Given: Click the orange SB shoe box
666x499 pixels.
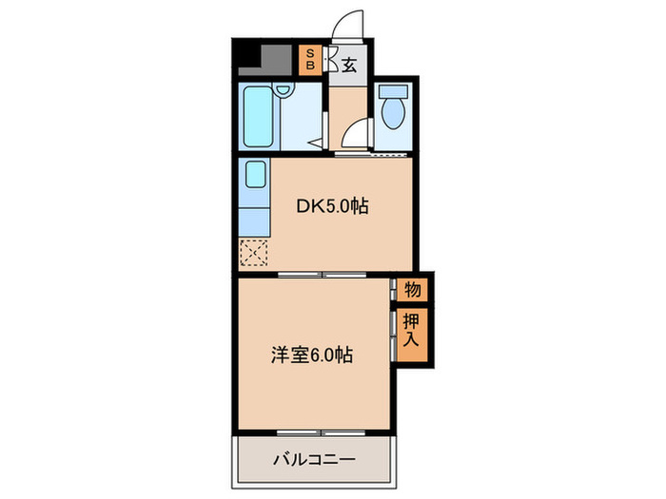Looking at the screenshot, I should [310, 61].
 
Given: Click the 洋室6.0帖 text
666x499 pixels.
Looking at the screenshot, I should [314, 355].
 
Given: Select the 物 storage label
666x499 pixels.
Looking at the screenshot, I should [413, 288].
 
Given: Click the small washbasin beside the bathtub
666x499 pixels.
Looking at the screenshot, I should [283, 91].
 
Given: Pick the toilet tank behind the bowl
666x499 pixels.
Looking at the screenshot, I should [391, 93].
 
